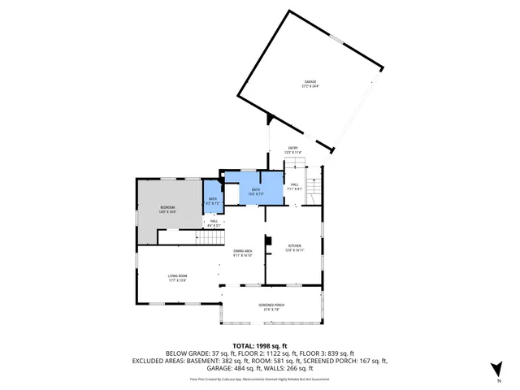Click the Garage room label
310,84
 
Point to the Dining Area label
243,253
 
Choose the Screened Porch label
271,306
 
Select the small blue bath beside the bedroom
213,201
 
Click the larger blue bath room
256,190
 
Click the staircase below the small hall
210,238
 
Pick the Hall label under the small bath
214,223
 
